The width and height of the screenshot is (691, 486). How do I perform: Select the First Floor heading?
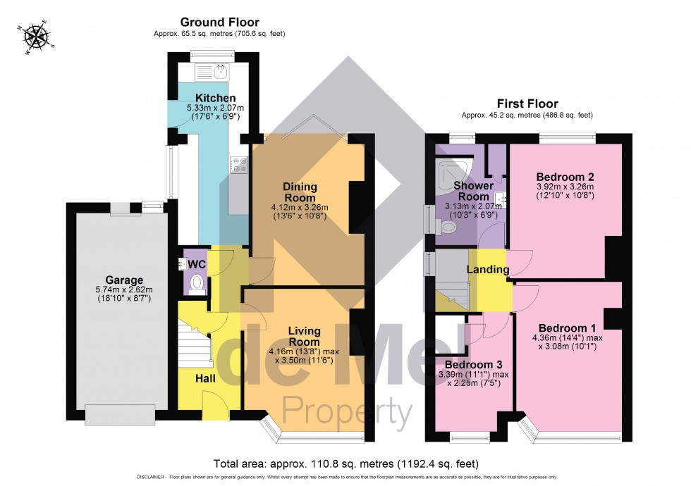pyautogui.click(x=527, y=104)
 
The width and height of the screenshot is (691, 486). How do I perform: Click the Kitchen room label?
pyautogui.click(x=215, y=98)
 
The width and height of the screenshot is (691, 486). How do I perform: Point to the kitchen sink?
pyautogui.click(x=212, y=72)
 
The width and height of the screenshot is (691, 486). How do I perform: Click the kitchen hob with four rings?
pyautogui.click(x=239, y=164)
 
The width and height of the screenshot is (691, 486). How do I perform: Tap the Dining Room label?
pyautogui.click(x=300, y=192)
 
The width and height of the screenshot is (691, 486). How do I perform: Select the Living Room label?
pyautogui.click(x=304, y=336)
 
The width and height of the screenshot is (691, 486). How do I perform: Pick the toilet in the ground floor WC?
pyautogui.click(x=197, y=283)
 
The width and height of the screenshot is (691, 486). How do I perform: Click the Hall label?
pyautogui.click(x=205, y=379)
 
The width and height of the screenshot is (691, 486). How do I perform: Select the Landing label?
pyautogui.click(x=488, y=270)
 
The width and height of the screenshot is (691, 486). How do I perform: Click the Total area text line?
pyautogui.click(x=345, y=464)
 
